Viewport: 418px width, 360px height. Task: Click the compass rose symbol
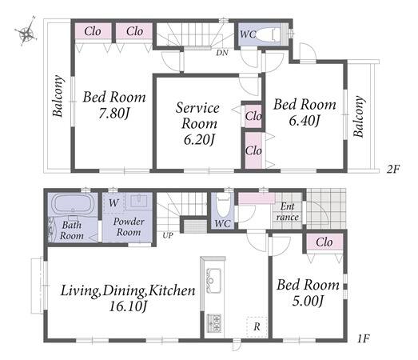(x=26, y=33)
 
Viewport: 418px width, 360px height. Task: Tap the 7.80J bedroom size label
(x=114, y=114)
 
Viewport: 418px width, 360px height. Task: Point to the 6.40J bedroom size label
(x=305, y=121)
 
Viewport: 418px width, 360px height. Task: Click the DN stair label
(x=222, y=53)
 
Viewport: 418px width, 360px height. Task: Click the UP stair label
(x=168, y=235)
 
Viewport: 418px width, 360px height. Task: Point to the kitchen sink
(x=213, y=280)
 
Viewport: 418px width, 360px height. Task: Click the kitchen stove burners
(x=214, y=323)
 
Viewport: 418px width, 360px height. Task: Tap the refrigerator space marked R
(x=257, y=326)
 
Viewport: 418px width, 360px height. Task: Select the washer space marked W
(x=113, y=203)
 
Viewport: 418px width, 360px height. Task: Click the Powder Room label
(x=129, y=226)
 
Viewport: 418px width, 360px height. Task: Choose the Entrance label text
(x=288, y=212)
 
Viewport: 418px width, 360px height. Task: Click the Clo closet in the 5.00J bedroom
(x=324, y=242)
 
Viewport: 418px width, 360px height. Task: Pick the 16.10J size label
(x=128, y=306)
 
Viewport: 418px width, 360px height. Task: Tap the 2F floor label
(x=393, y=169)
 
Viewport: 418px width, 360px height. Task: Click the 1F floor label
(x=364, y=338)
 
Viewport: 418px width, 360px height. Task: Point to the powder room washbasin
(x=138, y=201)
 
